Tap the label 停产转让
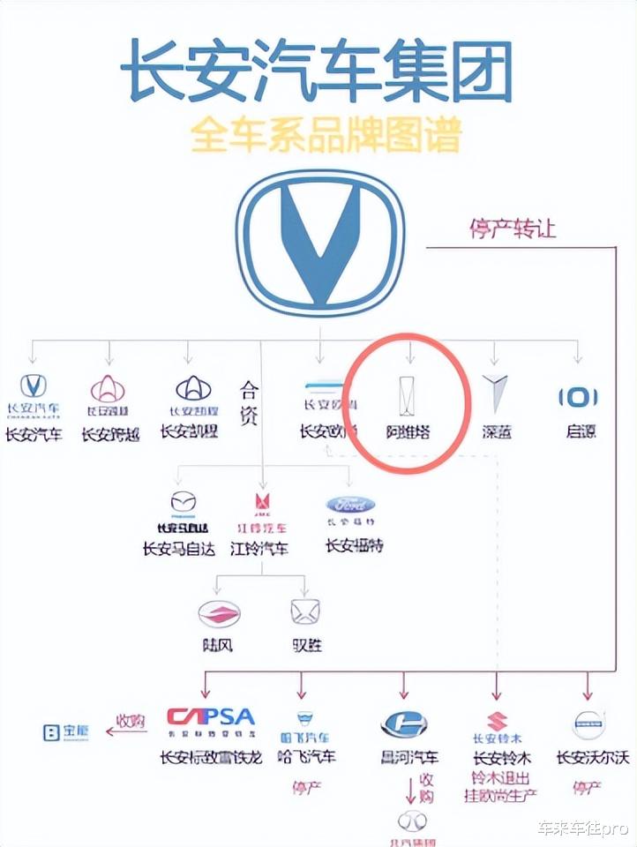[x=512, y=228]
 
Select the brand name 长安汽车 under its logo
[x=34, y=433]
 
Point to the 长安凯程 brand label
[x=189, y=431]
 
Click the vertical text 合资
[x=249, y=403]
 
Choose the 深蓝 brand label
[x=496, y=432]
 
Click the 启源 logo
[x=578, y=397]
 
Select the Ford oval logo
[x=350, y=505]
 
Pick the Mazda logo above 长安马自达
[x=184, y=503]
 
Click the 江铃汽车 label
[x=259, y=549]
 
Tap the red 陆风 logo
[x=218, y=613]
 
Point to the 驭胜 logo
[x=305, y=611]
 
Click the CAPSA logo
[x=210, y=717]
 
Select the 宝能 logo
[x=65, y=731]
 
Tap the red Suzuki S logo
[x=497, y=723]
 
